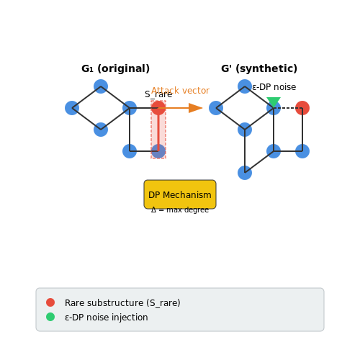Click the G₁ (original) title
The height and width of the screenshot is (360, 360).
[x=115, y=68]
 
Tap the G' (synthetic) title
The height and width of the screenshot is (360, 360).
[x=259, y=68]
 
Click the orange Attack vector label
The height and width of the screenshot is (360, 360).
[x=180, y=91]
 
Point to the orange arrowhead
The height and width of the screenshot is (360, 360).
[x=196, y=108]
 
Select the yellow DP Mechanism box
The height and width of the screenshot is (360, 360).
[x=180, y=194]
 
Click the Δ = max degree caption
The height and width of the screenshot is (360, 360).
[x=180, y=210]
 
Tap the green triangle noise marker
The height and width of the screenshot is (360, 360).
[x=274, y=102]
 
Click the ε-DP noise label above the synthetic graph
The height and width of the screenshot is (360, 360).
[x=274, y=87]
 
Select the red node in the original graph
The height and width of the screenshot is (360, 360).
[x=158, y=108]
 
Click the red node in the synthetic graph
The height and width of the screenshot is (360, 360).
[x=302, y=108]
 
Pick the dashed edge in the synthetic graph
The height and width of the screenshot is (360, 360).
[x=288, y=108]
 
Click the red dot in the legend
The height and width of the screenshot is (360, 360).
[x=50, y=302]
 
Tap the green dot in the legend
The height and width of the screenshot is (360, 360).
[x=50, y=317]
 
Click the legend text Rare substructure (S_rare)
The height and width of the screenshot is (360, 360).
[x=122, y=303]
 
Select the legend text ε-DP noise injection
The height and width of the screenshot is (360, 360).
[x=107, y=318]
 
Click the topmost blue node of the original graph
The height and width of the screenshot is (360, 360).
[x=101, y=86]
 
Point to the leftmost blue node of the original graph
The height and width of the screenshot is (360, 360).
[x=72, y=108]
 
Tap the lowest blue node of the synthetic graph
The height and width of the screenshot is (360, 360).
[x=245, y=173]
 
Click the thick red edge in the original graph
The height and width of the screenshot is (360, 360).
[x=158, y=130]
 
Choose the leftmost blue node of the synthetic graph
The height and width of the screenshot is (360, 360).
[x=216, y=108]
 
